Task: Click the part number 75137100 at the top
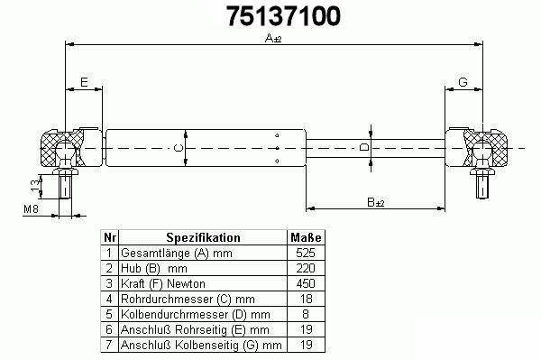(x=284, y=16)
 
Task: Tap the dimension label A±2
(x=273, y=38)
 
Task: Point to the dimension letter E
(x=84, y=82)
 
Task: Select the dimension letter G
(x=463, y=82)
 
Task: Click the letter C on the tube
(x=178, y=148)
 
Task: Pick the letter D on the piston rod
(x=364, y=147)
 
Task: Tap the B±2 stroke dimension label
(x=376, y=202)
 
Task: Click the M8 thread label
(x=31, y=208)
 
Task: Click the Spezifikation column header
(x=203, y=237)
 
